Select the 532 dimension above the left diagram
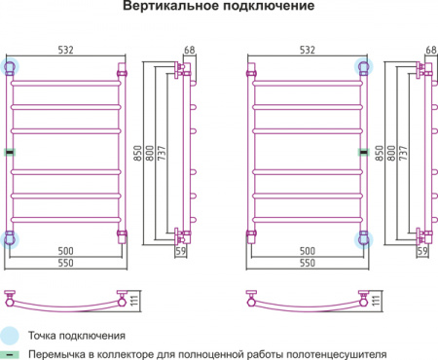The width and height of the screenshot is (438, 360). tap(66, 50)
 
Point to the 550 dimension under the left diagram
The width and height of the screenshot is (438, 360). tap(66, 265)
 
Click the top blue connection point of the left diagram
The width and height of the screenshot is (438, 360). tap(11, 67)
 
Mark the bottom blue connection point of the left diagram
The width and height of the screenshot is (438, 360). tap(11, 238)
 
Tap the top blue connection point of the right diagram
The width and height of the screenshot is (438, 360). tap(365, 67)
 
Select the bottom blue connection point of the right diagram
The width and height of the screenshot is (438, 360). tap(365, 238)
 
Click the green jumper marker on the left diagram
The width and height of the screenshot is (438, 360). tap(11, 152)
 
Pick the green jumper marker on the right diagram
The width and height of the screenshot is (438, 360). tap(365, 152)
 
